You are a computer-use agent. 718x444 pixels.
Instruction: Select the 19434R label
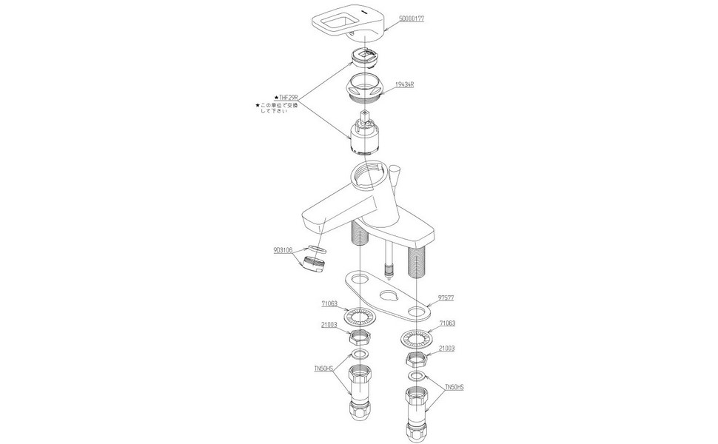(404, 85)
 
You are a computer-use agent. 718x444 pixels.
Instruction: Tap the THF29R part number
(288, 97)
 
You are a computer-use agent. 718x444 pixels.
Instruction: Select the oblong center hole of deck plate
(386, 298)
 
